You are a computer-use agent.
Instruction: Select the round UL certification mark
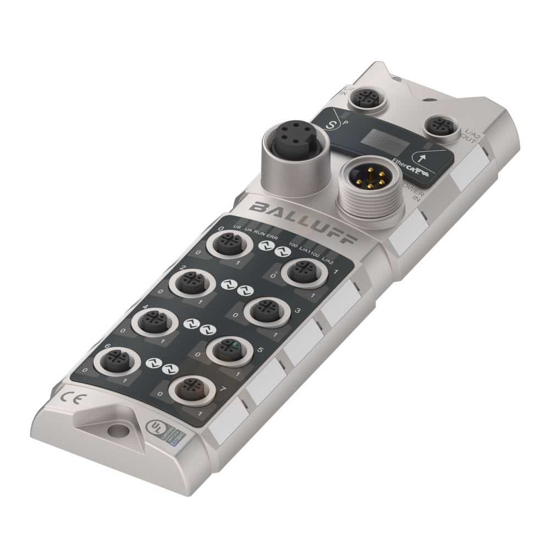(155, 427)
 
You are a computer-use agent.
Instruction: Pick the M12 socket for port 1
(300, 271)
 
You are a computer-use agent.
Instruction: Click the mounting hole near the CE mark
(116, 429)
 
